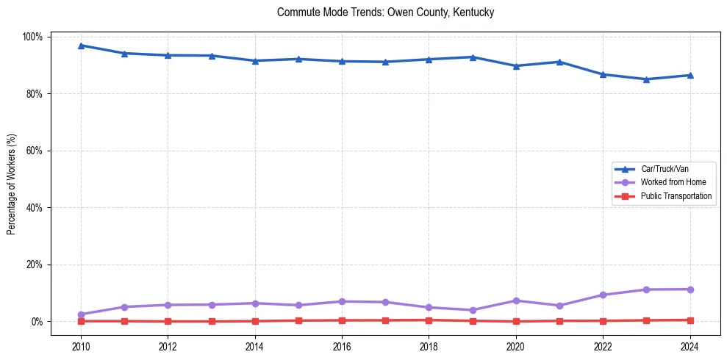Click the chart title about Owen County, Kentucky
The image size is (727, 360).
(385, 12)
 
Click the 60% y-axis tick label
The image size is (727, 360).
(35, 151)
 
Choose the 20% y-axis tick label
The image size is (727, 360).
(35, 264)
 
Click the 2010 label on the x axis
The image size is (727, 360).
(81, 347)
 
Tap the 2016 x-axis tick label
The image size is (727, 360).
(342, 347)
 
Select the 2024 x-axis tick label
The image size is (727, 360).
(690, 347)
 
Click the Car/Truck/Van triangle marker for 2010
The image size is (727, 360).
(81, 46)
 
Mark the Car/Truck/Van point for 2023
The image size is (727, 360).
(646, 79)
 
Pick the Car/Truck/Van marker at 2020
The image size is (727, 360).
(516, 66)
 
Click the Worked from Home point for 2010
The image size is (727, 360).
(81, 314)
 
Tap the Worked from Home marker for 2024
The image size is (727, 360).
(690, 289)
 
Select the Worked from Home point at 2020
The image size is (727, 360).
(516, 300)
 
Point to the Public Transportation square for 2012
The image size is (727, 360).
(168, 321)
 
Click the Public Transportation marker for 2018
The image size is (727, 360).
(429, 320)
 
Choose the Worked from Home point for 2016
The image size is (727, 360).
(342, 301)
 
